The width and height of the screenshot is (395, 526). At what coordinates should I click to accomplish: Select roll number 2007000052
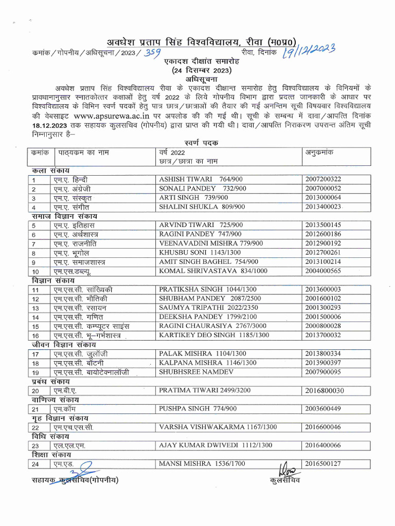(x=322, y=189)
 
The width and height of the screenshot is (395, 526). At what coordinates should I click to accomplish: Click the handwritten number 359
(x=152, y=53)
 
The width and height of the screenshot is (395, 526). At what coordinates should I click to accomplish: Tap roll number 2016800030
(x=324, y=391)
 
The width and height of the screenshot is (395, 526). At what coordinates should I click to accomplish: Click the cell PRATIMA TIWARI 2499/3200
(x=205, y=390)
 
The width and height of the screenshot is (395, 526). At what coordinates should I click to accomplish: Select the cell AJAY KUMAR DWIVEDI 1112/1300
(x=216, y=445)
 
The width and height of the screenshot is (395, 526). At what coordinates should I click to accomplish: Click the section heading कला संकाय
(x=49, y=170)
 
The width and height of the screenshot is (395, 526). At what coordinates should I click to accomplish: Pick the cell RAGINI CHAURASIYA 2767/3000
(x=213, y=326)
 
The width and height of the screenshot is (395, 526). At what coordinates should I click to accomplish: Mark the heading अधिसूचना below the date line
(x=195, y=80)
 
